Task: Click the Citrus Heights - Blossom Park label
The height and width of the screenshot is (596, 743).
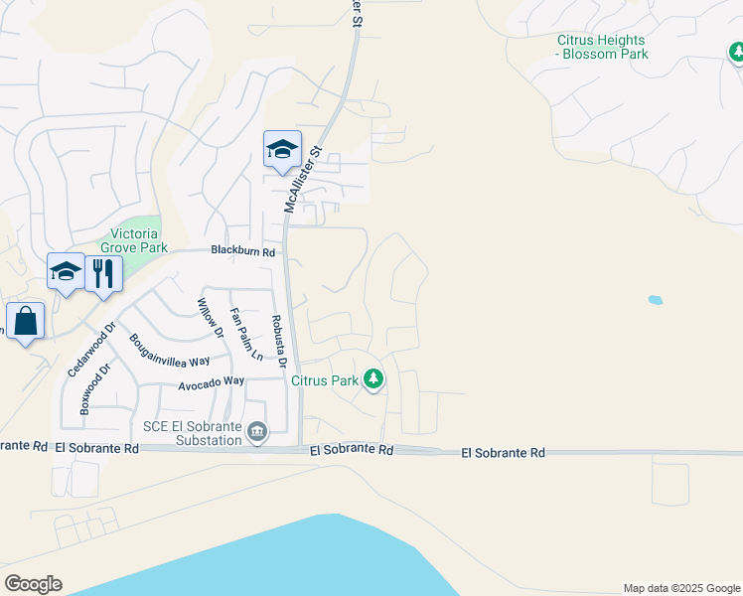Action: (x=602, y=47)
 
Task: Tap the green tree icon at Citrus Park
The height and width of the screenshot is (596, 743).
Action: (x=373, y=379)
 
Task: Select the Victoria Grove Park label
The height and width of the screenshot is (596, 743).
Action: (x=134, y=240)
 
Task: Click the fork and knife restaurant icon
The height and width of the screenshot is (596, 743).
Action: (x=103, y=271)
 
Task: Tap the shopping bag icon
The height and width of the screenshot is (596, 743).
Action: (x=25, y=321)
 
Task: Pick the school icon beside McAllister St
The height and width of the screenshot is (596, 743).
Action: (x=282, y=150)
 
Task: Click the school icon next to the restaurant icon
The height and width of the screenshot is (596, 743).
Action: (x=67, y=271)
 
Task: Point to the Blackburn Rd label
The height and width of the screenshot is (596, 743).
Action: (x=242, y=252)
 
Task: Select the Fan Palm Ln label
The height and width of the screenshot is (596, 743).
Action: (x=245, y=335)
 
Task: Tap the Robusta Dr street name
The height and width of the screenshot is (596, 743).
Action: (x=278, y=343)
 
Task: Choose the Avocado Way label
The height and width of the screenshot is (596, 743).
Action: (x=211, y=381)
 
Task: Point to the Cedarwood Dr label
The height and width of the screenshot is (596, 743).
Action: (x=92, y=348)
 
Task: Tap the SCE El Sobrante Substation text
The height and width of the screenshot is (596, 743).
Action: (x=193, y=433)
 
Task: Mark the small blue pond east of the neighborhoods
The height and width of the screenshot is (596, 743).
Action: (x=655, y=299)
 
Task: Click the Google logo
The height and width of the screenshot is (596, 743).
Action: (x=33, y=584)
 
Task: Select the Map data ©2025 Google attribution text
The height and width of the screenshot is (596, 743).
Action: (x=681, y=588)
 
